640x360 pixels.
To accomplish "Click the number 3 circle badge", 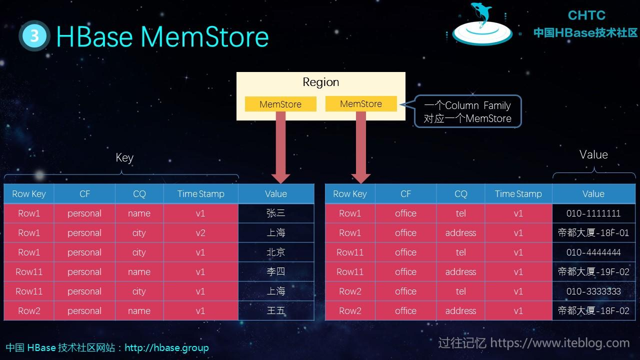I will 34,35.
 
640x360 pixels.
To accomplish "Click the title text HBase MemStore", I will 162,36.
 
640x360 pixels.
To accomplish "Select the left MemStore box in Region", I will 280,104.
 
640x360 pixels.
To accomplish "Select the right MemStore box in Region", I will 361,103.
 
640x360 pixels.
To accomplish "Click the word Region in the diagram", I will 321,82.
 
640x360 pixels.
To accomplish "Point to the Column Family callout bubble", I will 467,111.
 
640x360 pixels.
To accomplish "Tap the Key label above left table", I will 124,157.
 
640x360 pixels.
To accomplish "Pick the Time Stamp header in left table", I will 200,194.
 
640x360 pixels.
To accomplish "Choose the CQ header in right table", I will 460,194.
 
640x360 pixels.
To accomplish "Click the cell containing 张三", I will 276,213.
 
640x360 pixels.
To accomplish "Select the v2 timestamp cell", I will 200,233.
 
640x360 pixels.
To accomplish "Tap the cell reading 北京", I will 276,252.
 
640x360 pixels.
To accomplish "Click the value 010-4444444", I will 593,252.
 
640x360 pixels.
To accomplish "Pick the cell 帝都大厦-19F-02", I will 593,272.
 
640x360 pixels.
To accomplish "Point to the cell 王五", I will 276,311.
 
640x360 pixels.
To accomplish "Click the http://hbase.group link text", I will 166,347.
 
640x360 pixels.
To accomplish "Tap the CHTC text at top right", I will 586,15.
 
